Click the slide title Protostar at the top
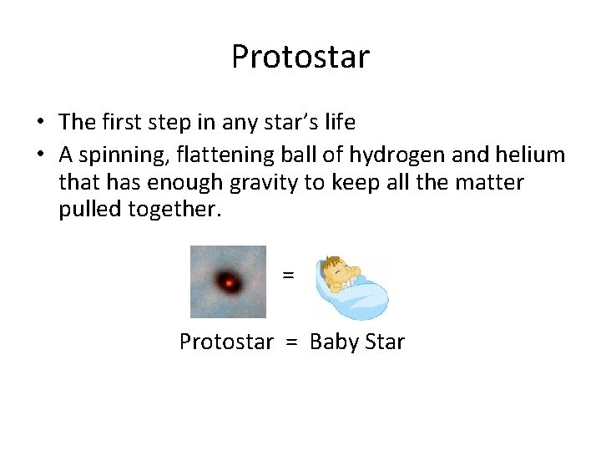[300, 58]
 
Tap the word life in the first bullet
[336, 122]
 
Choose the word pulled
[90, 210]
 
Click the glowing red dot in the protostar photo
[228, 283]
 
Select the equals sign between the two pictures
[288, 275]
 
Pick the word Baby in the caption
[333, 342]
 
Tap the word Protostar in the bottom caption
[226, 342]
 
